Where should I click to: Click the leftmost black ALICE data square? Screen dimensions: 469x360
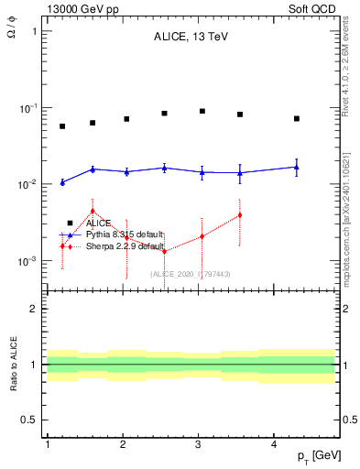(62, 126)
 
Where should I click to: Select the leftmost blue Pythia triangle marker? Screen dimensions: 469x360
(62, 182)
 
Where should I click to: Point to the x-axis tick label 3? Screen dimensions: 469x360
(199, 444)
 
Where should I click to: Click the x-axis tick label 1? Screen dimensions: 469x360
(47, 444)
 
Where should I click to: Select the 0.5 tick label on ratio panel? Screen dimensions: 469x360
(30, 420)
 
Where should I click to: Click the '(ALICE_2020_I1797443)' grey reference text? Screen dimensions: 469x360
(190, 273)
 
